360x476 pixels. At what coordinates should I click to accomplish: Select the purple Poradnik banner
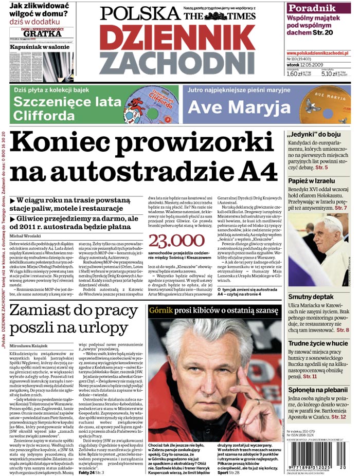(319, 8)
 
